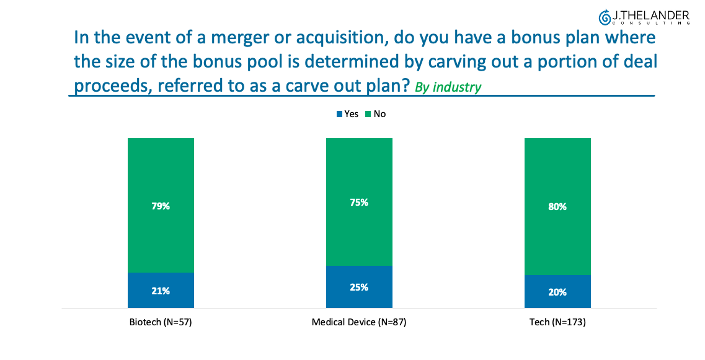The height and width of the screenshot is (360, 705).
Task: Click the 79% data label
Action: tap(161, 206)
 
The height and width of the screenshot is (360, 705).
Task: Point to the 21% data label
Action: tap(161, 291)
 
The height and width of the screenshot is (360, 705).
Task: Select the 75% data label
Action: tap(359, 203)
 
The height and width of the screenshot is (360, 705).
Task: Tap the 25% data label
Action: tap(359, 288)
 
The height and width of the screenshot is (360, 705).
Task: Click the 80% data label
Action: tap(557, 207)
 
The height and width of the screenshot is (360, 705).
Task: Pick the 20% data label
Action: tap(557, 292)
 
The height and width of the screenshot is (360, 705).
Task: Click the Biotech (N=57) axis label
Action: tap(161, 322)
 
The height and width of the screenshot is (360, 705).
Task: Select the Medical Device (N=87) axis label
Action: tap(359, 322)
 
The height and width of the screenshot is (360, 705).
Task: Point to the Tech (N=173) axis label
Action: tap(557, 322)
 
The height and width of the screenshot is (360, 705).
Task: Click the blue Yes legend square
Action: tap(339, 114)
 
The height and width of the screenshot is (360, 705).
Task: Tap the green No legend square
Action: tap(368, 114)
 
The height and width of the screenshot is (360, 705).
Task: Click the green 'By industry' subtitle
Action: tap(447, 87)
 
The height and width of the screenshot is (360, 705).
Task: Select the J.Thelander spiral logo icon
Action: tap(604, 16)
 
